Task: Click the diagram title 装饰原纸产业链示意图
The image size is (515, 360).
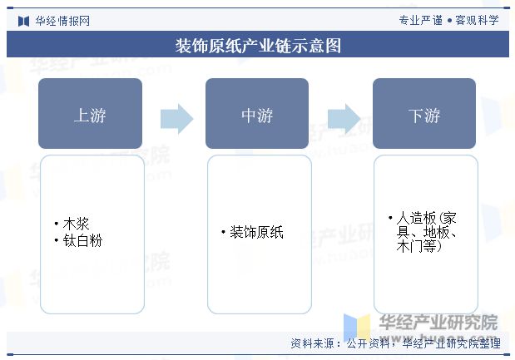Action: (258, 45)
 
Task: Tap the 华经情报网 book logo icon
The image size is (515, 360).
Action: (23, 22)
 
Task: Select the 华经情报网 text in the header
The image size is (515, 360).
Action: (62, 22)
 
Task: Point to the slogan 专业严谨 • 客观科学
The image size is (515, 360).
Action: (449, 20)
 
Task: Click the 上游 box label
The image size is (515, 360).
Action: (90, 116)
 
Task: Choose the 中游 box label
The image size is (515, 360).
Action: (257, 116)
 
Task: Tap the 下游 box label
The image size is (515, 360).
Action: (424, 116)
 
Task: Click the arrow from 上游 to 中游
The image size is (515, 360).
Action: (176, 119)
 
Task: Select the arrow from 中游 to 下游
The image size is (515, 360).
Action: (344, 119)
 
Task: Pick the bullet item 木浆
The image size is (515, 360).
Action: (76, 224)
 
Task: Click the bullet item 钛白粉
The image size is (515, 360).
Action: (82, 240)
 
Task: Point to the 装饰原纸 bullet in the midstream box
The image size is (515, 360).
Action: (256, 232)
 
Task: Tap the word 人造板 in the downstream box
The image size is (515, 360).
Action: (416, 218)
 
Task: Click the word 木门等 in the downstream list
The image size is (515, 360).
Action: (416, 246)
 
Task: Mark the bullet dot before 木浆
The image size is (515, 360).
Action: (57, 224)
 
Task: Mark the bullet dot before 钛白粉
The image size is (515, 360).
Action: (57, 240)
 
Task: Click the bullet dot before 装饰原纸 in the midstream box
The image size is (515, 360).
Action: (223, 232)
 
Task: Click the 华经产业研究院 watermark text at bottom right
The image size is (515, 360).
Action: (438, 322)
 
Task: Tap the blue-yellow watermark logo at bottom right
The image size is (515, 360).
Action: (357, 326)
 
